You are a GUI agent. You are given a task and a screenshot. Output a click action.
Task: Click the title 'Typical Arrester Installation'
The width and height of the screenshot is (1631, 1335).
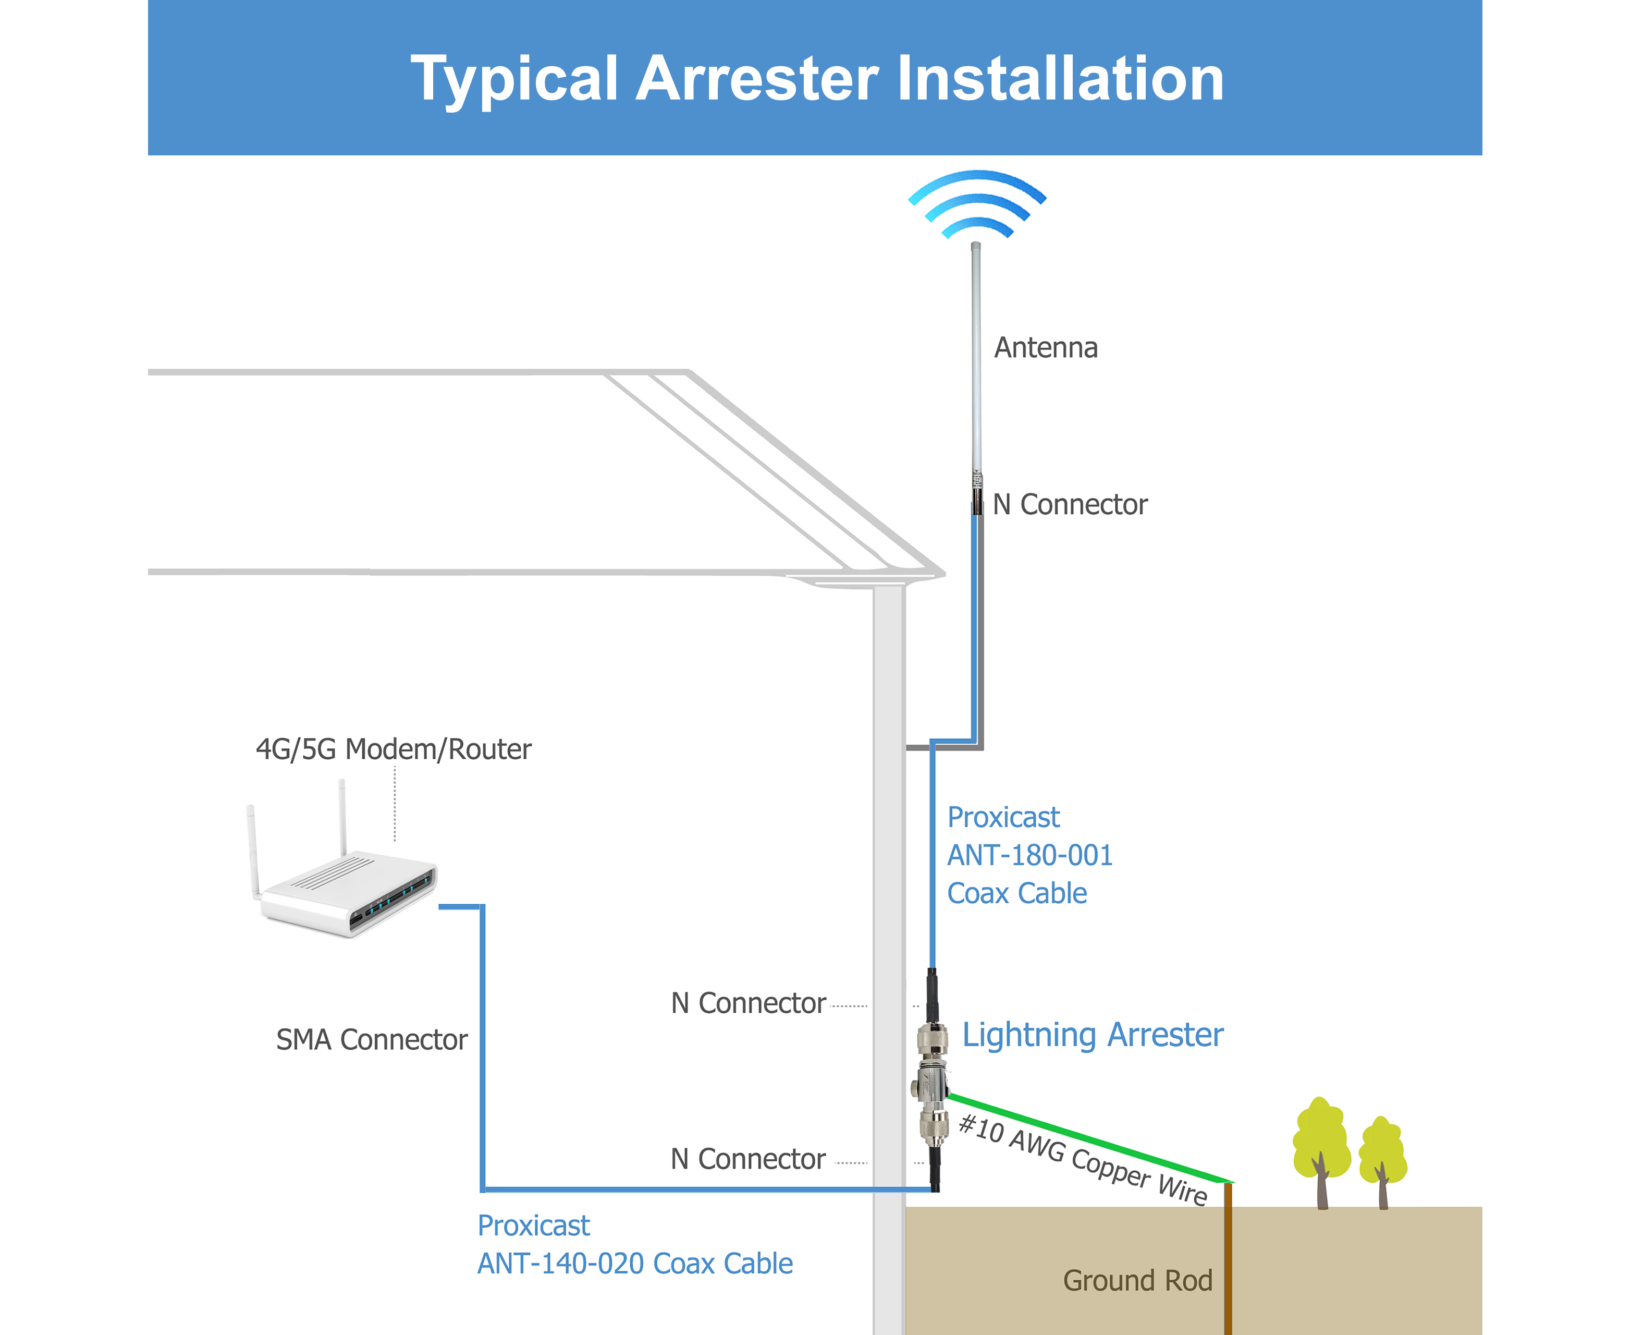tap(816, 79)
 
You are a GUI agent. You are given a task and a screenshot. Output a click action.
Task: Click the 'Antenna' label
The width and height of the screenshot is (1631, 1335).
tap(1045, 348)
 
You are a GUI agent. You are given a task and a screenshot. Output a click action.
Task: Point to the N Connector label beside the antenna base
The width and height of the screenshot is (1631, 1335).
tap(1070, 504)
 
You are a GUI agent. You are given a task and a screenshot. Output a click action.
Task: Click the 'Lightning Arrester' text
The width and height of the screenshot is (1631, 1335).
tap(1092, 1035)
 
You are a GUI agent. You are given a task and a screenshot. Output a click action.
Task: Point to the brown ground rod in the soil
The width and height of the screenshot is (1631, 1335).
tap(1228, 1261)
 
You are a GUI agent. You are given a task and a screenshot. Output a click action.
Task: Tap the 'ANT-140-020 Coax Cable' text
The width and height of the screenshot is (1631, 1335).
tap(635, 1264)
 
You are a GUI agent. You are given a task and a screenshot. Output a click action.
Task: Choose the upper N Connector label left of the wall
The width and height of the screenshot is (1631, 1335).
tap(748, 1003)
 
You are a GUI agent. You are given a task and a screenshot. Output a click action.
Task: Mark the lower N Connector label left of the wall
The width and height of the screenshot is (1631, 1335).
tap(748, 1159)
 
